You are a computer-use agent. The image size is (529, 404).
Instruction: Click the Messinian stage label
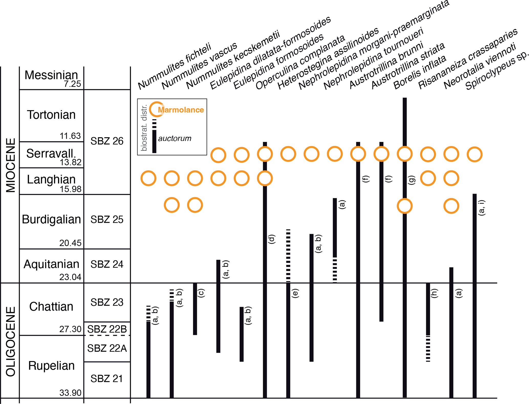51,75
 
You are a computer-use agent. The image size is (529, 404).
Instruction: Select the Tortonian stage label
51,115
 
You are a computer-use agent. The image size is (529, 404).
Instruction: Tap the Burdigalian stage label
51,219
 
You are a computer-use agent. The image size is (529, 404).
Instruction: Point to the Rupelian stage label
51,366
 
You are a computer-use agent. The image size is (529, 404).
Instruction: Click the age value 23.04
70,277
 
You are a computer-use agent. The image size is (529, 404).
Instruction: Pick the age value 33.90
70,393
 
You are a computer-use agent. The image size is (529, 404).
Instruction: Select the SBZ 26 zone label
107,141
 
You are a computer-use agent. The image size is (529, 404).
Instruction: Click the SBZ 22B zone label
107,329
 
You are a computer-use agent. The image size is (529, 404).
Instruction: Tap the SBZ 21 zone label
107,379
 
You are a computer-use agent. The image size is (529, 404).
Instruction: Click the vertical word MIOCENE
11,165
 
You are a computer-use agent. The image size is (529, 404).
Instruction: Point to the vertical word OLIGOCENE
11,341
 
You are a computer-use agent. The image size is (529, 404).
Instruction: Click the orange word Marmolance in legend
181,110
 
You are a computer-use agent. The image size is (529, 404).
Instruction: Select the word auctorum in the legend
175,138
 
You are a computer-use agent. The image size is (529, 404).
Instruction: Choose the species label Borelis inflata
420,73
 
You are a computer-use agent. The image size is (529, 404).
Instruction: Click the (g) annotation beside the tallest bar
412,180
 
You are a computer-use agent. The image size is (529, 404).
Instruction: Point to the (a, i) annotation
482,207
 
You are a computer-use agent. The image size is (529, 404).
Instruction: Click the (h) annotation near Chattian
434,293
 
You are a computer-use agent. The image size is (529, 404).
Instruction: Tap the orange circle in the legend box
157,109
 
